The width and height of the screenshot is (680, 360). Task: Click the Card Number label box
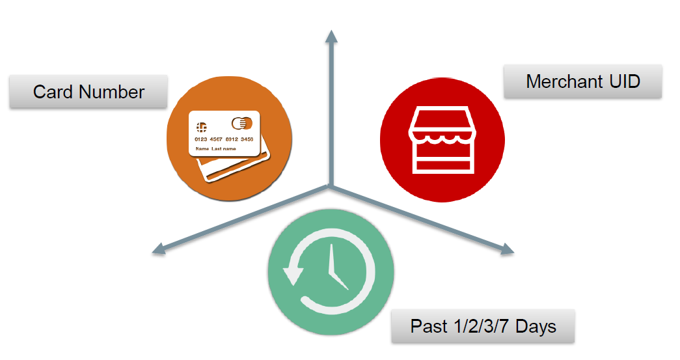click(x=88, y=92)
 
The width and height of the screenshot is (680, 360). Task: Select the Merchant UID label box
click(x=582, y=81)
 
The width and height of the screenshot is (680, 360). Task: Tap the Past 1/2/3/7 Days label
click(x=483, y=325)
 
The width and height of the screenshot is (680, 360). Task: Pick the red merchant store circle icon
click(x=442, y=138)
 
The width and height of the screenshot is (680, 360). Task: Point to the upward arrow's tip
click(x=331, y=33)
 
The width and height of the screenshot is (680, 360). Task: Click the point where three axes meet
click(x=331, y=187)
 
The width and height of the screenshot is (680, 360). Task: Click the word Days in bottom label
click(x=536, y=325)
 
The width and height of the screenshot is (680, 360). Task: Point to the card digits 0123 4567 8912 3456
click(x=224, y=139)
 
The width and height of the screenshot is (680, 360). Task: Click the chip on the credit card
click(x=201, y=125)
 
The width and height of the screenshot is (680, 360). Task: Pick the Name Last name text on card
click(x=215, y=149)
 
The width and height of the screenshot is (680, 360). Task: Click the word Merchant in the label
click(x=564, y=81)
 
